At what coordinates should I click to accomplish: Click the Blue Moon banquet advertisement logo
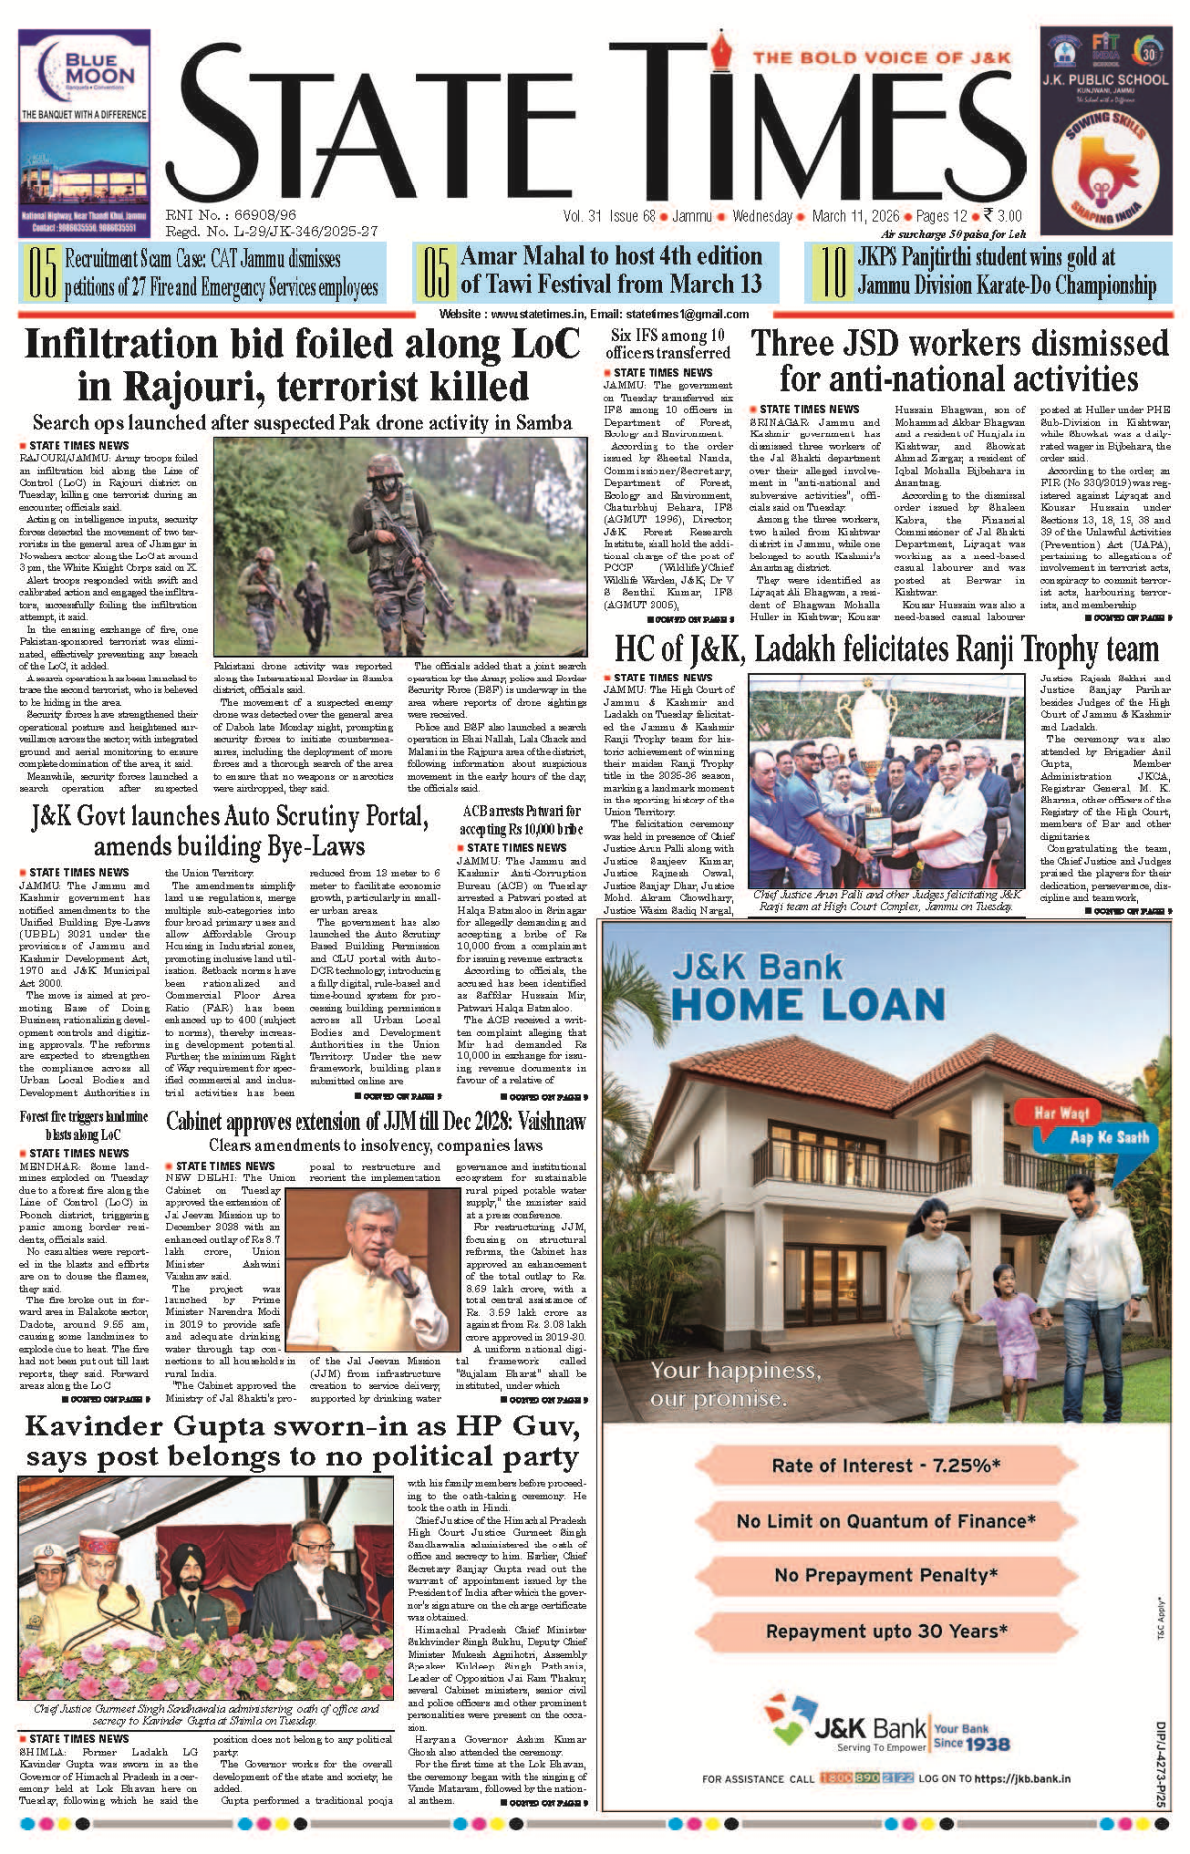(84, 69)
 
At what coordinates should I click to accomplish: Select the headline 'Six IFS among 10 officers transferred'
(668, 344)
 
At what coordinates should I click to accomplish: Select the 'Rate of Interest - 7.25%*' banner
(886, 1465)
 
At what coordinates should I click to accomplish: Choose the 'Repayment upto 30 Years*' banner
(886, 1631)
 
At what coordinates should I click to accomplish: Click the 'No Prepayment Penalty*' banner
(886, 1575)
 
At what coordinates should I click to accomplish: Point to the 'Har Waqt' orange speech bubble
(1061, 1112)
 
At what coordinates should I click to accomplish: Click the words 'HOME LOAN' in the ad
(808, 1004)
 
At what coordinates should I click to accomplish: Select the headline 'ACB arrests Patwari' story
(521, 819)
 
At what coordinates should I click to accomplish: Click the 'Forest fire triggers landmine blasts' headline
(83, 1125)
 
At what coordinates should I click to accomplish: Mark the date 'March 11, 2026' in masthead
(856, 216)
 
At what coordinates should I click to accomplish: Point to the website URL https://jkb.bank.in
(1021, 1778)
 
